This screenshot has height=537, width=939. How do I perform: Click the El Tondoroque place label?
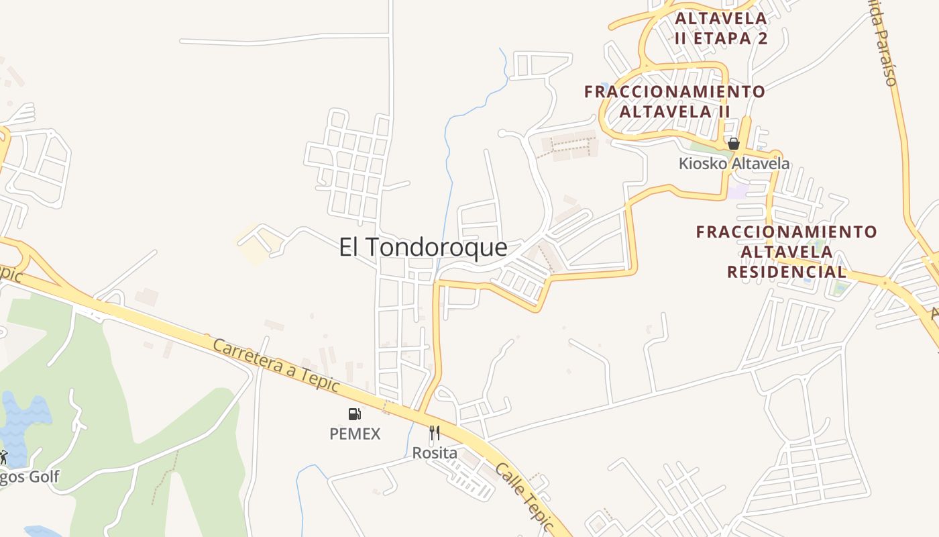point(423,248)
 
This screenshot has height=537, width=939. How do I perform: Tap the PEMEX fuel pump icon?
point(354,414)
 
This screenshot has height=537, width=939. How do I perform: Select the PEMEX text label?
point(355,434)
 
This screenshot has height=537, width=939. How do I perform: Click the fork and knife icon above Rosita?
point(435,433)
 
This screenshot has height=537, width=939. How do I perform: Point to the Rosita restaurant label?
point(435,453)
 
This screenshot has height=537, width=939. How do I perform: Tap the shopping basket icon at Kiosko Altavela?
point(734,144)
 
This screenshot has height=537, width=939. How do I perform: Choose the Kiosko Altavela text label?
point(734,164)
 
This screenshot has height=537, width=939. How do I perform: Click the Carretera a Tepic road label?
point(276,367)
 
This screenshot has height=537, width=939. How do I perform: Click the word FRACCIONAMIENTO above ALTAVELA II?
point(674,91)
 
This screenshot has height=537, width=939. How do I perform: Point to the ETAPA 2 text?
point(730,38)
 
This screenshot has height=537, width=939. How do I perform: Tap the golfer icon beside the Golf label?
point(3,457)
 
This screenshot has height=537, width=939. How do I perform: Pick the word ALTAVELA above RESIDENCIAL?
point(787,252)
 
